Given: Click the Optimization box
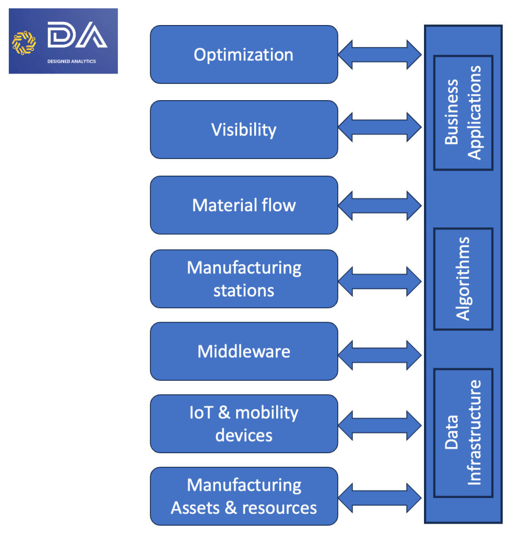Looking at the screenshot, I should pos(244,55).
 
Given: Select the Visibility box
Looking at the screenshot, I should pos(244,129).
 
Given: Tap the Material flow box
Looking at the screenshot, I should pos(244,205).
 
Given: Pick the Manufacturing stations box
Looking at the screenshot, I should pos(244,279).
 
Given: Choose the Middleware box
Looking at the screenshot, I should pos(244,351).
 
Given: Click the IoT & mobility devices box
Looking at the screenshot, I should pos(244,423).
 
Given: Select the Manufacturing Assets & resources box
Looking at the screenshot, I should pos(244,496).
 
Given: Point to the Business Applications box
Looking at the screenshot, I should pos(463,113).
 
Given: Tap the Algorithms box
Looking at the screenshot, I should pos(463,279).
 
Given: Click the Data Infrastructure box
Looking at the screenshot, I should pos(463,433).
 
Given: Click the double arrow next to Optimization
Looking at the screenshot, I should pos(380,54).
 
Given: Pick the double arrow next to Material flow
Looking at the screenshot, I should pos(380,204).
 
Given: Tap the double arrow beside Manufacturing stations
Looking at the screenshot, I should pos(380,281).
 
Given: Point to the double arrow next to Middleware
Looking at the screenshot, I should pos(380,355).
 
